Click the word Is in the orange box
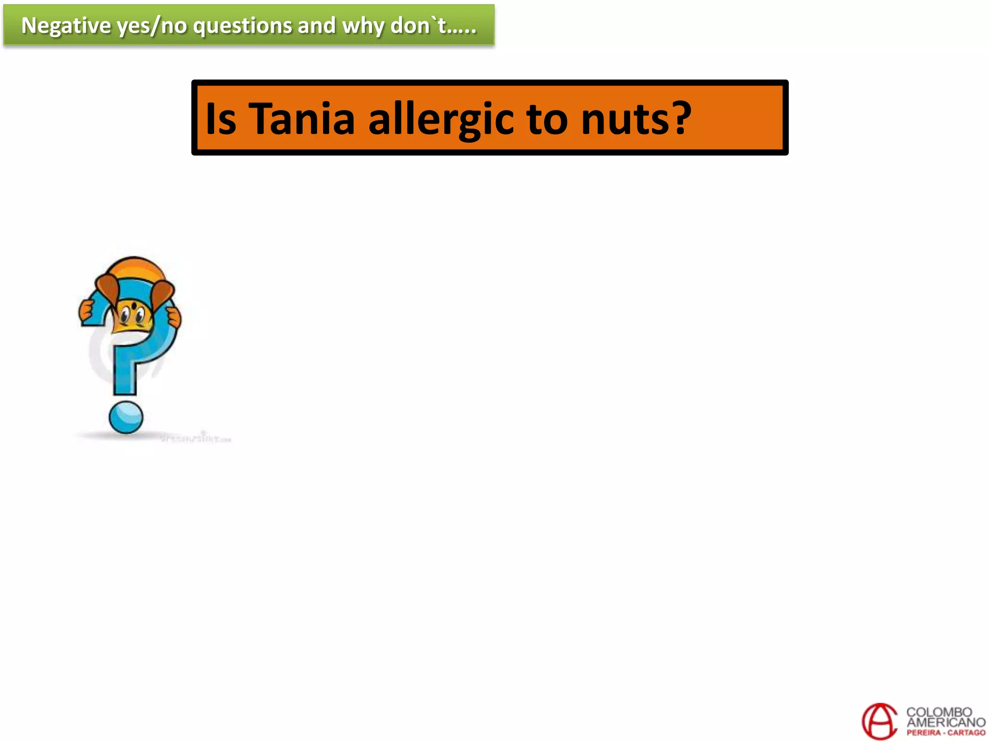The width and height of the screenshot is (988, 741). coord(220,119)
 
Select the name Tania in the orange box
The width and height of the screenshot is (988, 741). coord(302,119)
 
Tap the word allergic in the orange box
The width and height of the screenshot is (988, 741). coord(441,119)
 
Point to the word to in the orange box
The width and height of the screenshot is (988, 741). coord(547,119)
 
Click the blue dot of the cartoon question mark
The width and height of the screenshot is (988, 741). coord(126,417)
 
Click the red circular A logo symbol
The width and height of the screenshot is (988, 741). coord(879,721)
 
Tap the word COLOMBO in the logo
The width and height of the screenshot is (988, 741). coord(939,712)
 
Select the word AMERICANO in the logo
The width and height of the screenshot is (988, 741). coord(946,722)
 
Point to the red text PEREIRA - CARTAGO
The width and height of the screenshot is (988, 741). coord(946,732)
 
